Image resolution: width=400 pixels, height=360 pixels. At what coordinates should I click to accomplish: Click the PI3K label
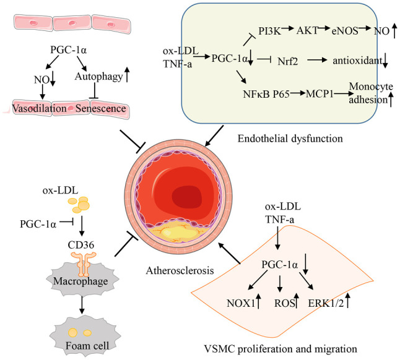click(x=269, y=31)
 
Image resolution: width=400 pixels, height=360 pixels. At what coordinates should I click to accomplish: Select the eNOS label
click(x=345, y=31)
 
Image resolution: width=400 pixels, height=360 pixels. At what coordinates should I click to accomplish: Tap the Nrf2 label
click(x=287, y=61)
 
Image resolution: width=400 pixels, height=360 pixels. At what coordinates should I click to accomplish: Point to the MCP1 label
click(x=320, y=94)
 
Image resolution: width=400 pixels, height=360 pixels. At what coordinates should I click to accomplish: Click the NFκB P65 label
click(x=266, y=94)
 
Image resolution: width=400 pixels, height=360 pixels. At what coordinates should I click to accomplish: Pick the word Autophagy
click(x=98, y=77)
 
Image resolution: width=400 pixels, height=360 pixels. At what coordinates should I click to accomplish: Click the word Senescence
click(x=100, y=108)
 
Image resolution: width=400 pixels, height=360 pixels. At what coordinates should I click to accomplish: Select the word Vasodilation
click(x=40, y=108)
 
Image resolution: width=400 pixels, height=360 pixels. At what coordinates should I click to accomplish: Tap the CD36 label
click(x=81, y=245)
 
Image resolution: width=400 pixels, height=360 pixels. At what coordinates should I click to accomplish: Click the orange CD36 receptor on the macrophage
click(x=84, y=264)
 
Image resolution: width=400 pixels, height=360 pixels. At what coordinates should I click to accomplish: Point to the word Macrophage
click(x=80, y=281)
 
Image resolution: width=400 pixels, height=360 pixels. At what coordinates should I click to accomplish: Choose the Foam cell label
click(x=87, y=346)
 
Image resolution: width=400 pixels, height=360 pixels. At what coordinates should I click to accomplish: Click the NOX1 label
click(x=241, y=303)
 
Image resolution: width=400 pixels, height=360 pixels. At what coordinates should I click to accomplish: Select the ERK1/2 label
click(x=326, y=303)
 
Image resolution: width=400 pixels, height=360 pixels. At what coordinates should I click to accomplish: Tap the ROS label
click(x=284, y=303)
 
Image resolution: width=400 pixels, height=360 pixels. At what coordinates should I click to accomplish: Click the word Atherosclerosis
click(x=180, y=270)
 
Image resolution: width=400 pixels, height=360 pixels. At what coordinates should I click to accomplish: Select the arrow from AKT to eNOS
click(x=324, y=28)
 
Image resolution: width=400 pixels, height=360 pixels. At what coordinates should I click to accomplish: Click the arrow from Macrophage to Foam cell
click(x=82, y=304)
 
